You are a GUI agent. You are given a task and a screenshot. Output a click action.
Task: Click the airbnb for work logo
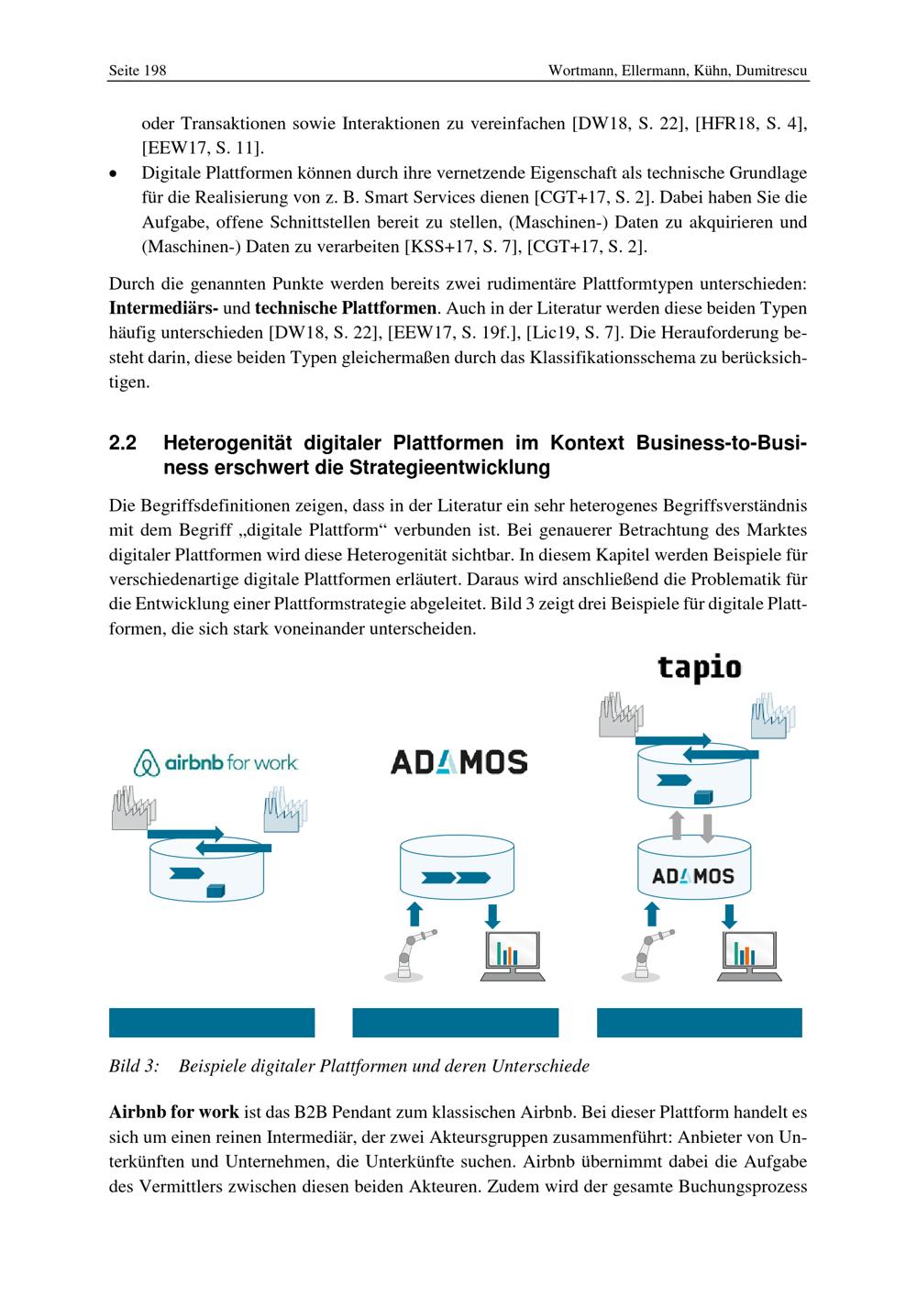coord(216,762)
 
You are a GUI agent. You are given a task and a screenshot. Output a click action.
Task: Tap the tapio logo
coord(699,668)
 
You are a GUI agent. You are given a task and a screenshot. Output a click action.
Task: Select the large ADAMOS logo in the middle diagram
coord(458,762)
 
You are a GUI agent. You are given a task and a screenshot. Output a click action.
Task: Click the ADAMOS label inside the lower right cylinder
coord(693,876)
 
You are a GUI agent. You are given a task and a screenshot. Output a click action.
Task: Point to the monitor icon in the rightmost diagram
coord(746,957)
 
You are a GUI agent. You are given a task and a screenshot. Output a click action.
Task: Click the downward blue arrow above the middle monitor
coord(492,915)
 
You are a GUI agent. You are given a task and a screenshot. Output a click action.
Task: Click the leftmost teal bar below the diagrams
coord(212,1023)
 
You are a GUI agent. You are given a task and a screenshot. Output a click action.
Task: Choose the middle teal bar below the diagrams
coord(455,1023)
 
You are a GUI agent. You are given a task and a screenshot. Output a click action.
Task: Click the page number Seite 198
coord(138,71)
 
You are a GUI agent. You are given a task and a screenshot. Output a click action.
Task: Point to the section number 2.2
coord(123,444)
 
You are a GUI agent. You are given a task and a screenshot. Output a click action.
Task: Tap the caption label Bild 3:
coord(134,1066)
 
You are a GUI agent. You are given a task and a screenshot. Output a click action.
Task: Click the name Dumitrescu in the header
coord(771,71)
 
